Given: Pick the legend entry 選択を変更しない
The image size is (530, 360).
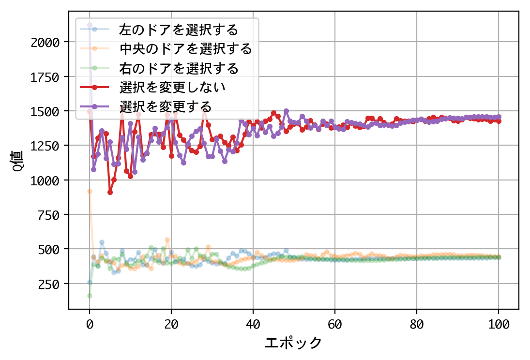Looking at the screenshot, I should (x=173, y=87).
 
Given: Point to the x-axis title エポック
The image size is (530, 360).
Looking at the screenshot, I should (x=293, y=343).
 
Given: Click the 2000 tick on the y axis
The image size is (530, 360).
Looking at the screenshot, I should (x=45, y=43).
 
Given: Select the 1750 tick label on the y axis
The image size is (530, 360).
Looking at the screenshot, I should (x=45, y=77).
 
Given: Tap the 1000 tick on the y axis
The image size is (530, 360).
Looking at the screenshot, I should (x=45, y=180).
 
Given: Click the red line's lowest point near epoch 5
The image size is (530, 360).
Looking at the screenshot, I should (x=110, y=192).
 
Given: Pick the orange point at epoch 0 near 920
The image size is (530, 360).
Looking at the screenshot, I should (x=90, y=191).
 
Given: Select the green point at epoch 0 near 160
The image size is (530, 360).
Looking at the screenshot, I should (x=90, y=296).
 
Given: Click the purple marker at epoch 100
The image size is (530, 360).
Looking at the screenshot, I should (x=499, y=117).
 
